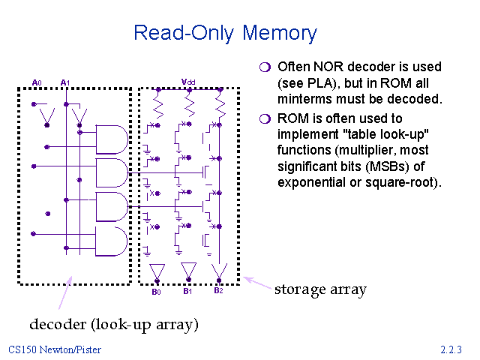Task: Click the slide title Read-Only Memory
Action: pos(225,33)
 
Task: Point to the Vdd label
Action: pos(188,82)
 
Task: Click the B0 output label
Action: pos(157,292)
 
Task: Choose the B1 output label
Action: pos(188,292)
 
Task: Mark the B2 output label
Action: pos(218,291)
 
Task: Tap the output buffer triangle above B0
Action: pos(157,270)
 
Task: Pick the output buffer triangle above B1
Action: pos(188,270)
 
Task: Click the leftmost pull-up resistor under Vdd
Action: pos(157,100)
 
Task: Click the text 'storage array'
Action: pos(319,289)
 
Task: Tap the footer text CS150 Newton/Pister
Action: pos(55,349)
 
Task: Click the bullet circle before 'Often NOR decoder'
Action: pos(264,67)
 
